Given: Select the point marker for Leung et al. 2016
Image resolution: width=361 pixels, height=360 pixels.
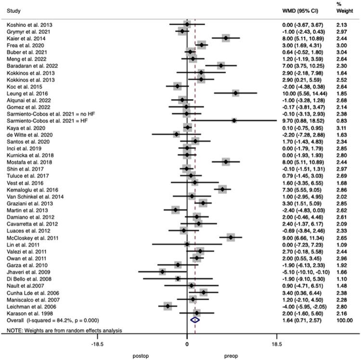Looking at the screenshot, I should tap(235, 93).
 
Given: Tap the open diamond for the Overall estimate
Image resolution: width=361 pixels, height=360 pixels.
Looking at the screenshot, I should tap(195, 319).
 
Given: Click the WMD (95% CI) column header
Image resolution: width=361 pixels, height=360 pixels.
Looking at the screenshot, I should tap(300, 10).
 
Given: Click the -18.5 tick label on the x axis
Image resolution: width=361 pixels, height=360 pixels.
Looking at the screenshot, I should tap(97, 345).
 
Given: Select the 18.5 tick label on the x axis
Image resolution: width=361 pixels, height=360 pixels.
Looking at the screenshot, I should tap(277, 345).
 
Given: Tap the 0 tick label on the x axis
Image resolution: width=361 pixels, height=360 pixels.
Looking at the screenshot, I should tap(187, 345).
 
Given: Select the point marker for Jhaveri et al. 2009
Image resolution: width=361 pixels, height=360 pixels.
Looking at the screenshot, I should tap(162, 271).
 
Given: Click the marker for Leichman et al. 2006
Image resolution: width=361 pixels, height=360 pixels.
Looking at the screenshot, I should tap(168, 306).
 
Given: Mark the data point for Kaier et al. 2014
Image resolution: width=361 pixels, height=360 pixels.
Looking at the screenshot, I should tap(226, 38).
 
